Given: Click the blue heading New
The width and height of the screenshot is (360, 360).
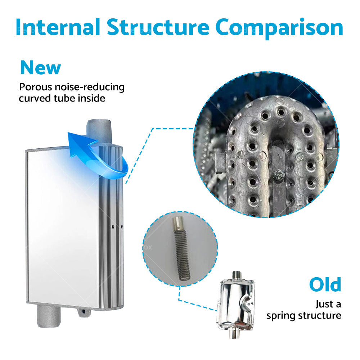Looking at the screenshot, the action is click(41, 68).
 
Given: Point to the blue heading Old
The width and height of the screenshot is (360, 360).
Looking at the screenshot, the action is click(325, 284).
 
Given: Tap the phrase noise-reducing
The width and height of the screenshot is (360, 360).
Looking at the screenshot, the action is click(90, 87).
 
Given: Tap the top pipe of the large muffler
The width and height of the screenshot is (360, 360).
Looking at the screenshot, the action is click(99, 131).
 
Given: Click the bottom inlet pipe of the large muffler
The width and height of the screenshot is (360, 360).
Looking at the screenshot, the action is click(49, 316).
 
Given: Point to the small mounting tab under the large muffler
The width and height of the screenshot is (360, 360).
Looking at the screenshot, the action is click(84, 312).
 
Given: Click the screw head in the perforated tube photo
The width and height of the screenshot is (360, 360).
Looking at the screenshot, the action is click(279, 175).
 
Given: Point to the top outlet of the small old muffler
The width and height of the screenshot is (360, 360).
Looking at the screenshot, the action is click(236, 275).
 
